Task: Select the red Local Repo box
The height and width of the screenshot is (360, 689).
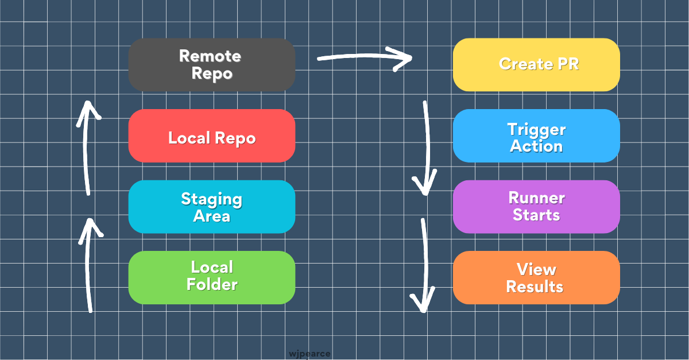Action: point(211,136)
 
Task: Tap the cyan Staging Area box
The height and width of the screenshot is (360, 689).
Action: point(211,207)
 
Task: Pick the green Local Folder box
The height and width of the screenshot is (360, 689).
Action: point(211,277)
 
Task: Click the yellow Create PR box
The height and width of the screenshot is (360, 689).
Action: point(536,65)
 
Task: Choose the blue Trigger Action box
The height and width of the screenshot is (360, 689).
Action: point(536,136)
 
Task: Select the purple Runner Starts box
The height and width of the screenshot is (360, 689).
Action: point(536,207)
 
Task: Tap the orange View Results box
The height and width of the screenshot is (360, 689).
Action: point(536,277)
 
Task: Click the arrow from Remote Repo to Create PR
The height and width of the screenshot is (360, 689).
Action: point(365,58)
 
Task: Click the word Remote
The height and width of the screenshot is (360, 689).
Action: point(210,56)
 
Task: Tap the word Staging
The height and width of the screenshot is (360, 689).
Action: point(211,199)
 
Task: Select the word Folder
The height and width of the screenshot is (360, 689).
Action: point(212,285)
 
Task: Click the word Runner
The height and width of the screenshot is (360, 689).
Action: point(536,198)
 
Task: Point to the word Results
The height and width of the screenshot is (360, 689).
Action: point(535,287)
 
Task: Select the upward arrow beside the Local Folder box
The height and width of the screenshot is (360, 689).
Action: point(90,264)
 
